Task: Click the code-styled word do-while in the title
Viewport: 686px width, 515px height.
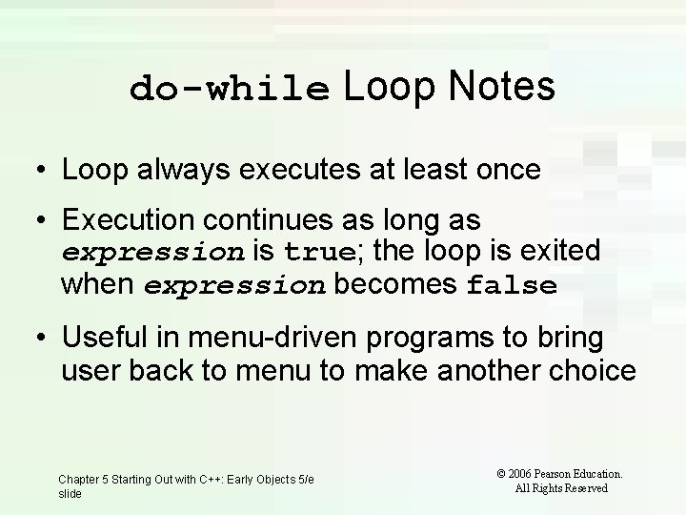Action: (x=231, y=89)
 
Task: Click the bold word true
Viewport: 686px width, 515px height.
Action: (x=318, y=253)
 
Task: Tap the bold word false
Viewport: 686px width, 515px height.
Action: (x=512, y=286)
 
